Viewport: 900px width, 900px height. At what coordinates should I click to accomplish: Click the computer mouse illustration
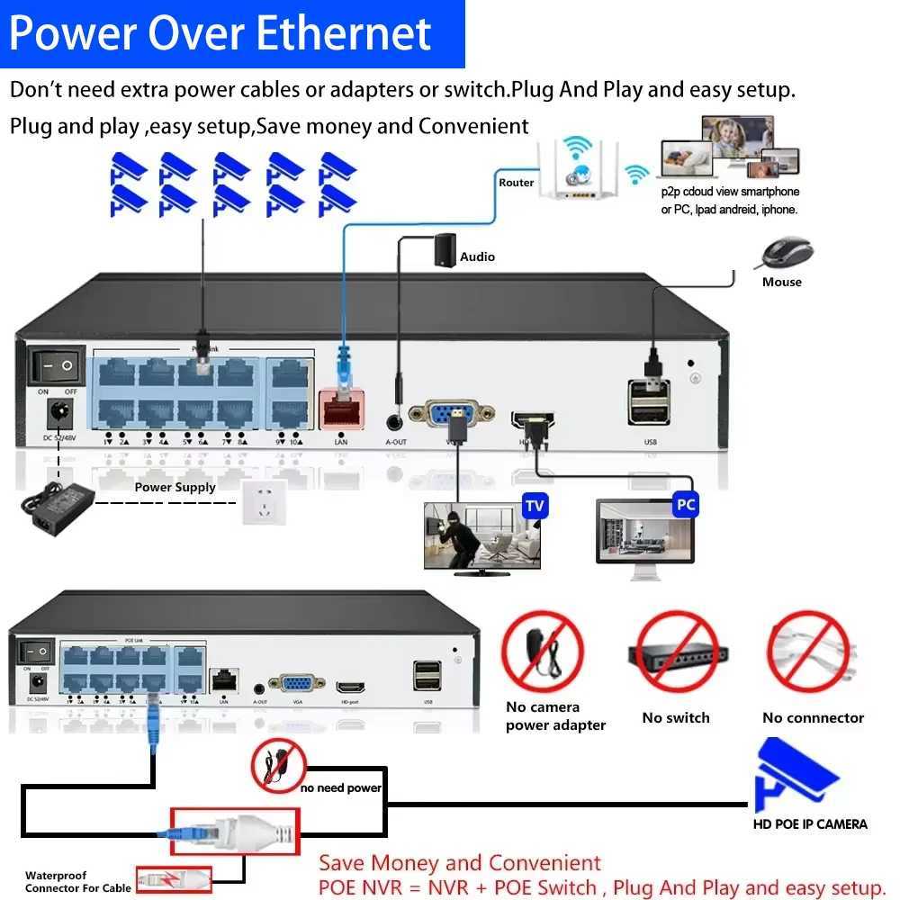[786, 253]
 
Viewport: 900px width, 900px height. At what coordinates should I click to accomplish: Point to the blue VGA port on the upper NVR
[452, 415]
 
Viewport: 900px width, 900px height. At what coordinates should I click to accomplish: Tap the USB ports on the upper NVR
[649, 401]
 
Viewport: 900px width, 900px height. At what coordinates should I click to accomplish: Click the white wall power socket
[264, 502]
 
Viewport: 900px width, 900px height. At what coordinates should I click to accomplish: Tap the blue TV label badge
[535, 505]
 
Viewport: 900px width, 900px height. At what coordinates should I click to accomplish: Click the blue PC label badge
[686, 504]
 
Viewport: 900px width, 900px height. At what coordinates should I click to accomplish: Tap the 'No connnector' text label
[813, 717]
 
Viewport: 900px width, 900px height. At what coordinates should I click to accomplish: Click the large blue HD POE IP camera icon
[796, 775]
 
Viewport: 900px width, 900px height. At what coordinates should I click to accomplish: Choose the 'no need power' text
[341, 787]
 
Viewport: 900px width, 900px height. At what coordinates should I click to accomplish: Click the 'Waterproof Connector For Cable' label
[78, 881]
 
